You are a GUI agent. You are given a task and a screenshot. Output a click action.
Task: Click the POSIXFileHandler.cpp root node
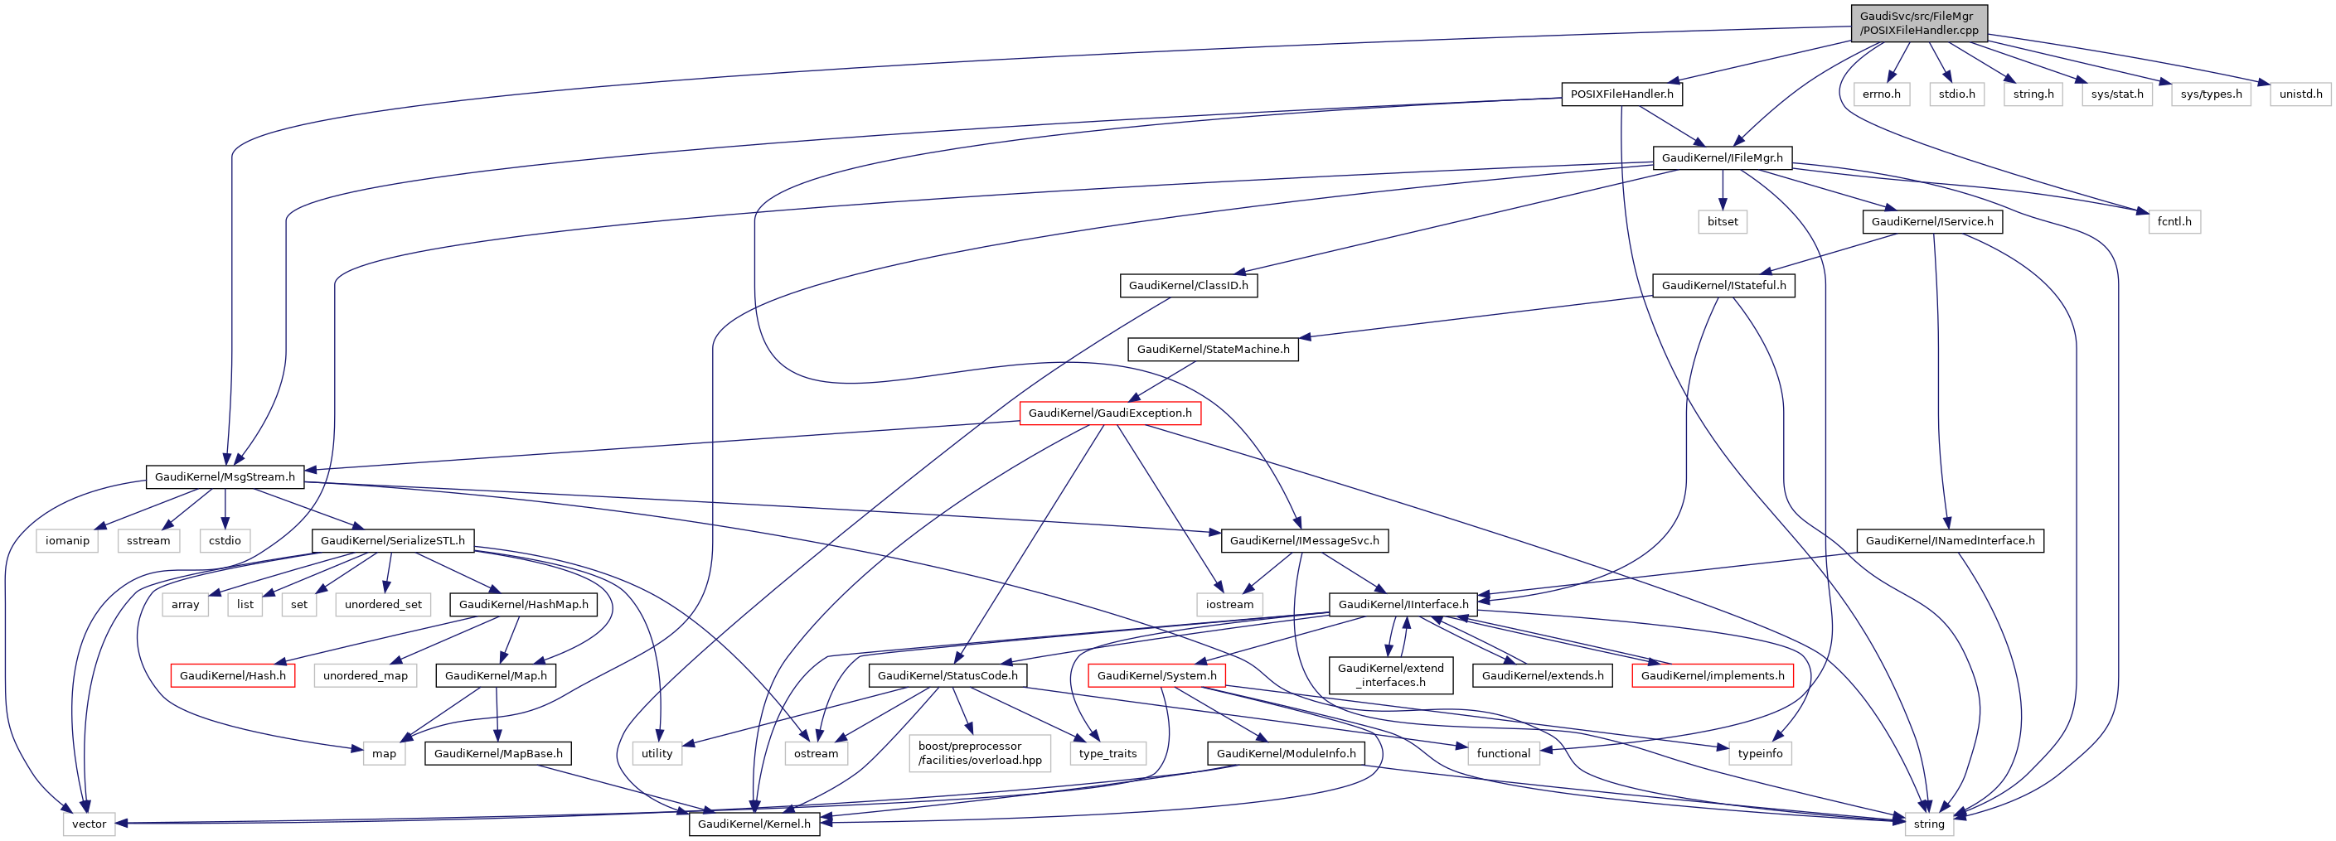click(1918, 22)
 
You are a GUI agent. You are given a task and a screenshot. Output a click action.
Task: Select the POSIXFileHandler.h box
click(1621, 94)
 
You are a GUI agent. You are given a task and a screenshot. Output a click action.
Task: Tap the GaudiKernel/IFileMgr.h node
click(1721, 157)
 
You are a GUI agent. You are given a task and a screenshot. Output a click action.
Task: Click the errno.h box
click(1881, 94)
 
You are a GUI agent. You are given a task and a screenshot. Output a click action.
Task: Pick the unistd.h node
click(2300, 94)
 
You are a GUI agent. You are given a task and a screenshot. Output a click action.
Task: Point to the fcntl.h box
click(2174, 221)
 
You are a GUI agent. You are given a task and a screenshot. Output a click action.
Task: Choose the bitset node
click(1722, 221)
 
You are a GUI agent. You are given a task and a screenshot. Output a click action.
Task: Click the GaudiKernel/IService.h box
click(1931, 221)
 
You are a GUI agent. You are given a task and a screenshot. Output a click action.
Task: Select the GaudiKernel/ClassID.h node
click(1188, 286)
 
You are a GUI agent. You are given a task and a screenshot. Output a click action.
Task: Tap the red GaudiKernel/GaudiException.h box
click(1109, 413)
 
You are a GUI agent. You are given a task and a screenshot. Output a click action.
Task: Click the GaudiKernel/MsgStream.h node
click(224, 476)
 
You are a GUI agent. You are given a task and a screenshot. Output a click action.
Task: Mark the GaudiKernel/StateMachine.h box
click(1213, 349)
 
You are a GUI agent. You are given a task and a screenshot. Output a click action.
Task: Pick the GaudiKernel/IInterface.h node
click(1403, 605)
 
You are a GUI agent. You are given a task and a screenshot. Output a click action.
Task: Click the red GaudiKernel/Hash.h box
click(232, 675)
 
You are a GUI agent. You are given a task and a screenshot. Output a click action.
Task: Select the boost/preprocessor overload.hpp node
click(979, 753)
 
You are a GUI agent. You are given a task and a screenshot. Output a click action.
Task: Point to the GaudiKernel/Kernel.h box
click(754, 824)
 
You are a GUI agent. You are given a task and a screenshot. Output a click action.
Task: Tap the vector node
click(89, 824)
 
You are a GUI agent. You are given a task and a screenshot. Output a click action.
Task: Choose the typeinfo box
click(1759, 753)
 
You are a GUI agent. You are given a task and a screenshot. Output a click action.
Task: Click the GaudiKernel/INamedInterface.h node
click(1950, 541)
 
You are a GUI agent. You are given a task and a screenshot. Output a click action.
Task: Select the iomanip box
click(67, 541)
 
